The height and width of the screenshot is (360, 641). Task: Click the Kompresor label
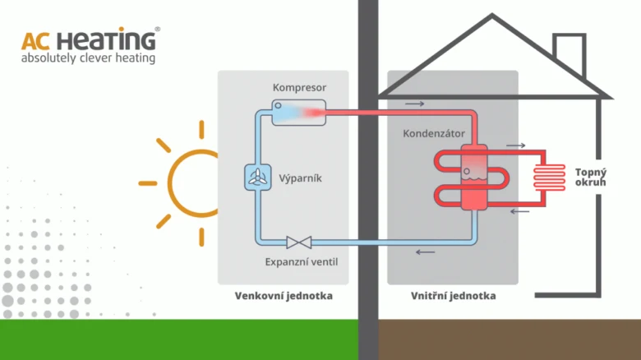(299, 88)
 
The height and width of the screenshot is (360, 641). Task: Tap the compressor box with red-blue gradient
(299, 112)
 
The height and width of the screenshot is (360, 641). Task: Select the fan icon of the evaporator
(257, 178)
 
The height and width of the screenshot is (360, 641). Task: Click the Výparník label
(300, 178)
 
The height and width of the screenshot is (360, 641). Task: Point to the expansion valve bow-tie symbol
(299, 242)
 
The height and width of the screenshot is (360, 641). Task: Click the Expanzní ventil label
(302, 262)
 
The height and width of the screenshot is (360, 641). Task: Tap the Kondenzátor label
(434, 134)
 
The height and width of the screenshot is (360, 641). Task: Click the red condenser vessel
(474, 178)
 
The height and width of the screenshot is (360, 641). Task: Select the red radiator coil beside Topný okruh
(550, 178)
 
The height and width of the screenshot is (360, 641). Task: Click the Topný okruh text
(591, 178)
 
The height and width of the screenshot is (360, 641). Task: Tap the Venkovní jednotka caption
(284, 296)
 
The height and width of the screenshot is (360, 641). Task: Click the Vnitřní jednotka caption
(454, 296)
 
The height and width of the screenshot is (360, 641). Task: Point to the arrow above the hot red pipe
(414, 104)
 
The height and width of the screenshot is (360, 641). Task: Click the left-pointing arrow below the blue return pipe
(425, 252)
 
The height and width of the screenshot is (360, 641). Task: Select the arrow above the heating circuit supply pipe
(516, 145)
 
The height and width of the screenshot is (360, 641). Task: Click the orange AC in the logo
(36, 41)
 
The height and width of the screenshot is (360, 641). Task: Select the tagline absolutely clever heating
(88, 58)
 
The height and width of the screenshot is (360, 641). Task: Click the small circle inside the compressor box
(278, 105)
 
